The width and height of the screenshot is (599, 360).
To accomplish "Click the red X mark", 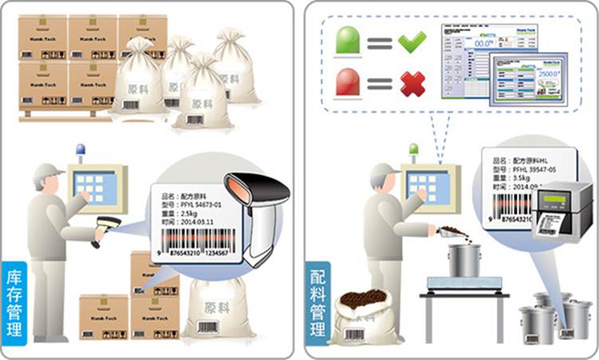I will coord(412,83).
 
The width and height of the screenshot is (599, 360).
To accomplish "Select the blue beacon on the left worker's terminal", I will coord(80,149).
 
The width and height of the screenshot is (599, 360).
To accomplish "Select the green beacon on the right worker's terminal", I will coord(413,149).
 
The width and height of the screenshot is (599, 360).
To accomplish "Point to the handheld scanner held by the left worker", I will coord(106,227).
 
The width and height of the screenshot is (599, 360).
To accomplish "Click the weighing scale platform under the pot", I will coord(467,283).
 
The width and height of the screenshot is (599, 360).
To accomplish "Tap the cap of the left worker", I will coord(48,171).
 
